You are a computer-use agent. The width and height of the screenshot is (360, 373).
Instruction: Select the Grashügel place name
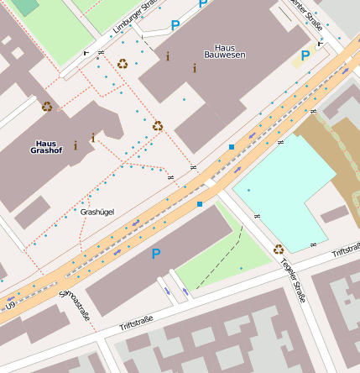pos(97,212)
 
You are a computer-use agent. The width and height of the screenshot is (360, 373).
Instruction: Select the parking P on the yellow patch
pos(305,55)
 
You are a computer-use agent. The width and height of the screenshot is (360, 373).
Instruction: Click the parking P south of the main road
pos(155,253)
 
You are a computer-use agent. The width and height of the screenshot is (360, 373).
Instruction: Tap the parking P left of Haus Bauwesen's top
pos(175,26)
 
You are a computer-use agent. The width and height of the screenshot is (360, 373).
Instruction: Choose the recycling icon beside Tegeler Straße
pos(279,249)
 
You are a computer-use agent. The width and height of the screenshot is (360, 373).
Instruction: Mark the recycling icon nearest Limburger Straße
pos(123,63)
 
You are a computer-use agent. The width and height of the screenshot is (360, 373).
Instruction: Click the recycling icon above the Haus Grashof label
pos(47,107)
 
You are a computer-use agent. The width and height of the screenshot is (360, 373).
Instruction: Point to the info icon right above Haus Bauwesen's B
pos(195,69)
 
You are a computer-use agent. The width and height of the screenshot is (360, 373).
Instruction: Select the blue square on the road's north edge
pos(232,147)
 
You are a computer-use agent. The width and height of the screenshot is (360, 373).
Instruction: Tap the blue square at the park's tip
pos(200,203)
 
